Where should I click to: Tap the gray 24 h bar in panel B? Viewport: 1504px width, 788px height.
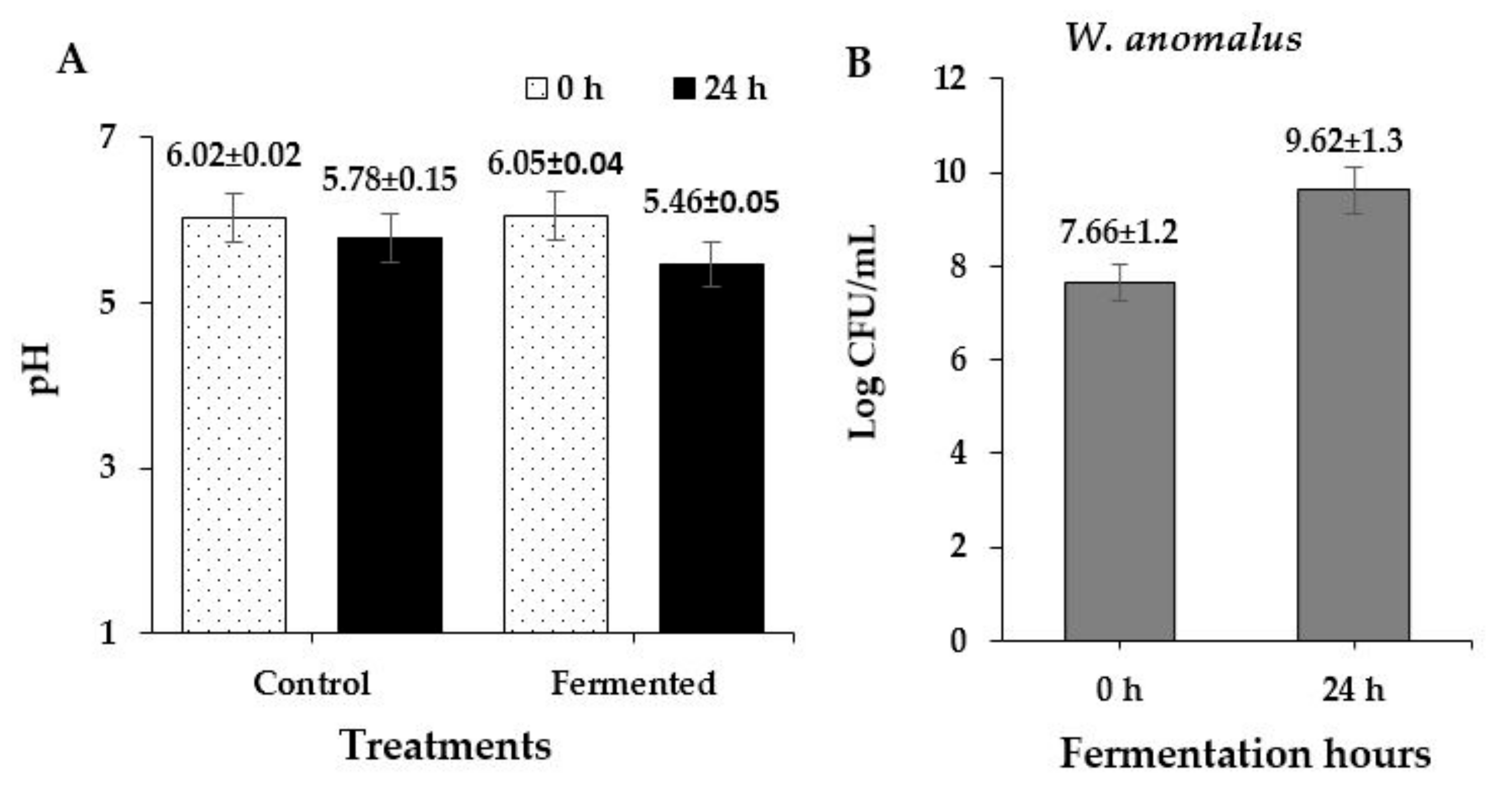point(1353,414)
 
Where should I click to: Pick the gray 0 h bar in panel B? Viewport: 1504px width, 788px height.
point(1119,461)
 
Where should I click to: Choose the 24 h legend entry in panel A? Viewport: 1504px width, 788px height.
point(719,89)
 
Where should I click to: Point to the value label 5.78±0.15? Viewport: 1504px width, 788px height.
point(389,180)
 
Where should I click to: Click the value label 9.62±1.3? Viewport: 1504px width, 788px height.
point(1343,141)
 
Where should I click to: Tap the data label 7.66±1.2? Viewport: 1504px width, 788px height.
point(1118,232)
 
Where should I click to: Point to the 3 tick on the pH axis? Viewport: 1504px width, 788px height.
point(108,468)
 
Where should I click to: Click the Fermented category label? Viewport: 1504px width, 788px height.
point(634,683)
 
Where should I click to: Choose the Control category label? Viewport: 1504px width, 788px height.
point(312,683)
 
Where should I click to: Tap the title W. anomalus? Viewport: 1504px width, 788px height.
point(1183,39)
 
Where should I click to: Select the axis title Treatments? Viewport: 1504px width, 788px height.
point(446,745)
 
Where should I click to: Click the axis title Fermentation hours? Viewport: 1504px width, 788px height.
point(1245,754)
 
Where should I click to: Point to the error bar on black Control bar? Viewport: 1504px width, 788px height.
point(390,237)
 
